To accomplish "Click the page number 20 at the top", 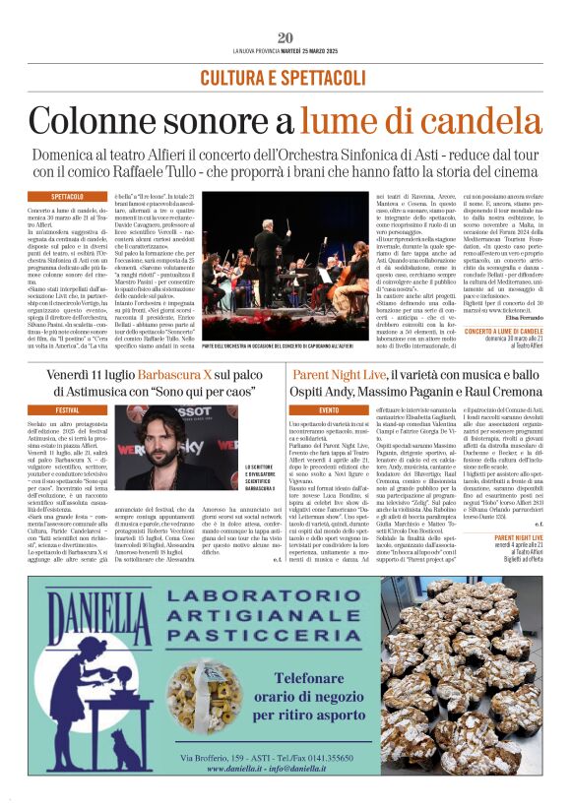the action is tap(285, 37).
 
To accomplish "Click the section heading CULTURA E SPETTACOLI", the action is tap(285, 77).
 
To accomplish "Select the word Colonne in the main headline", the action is tap(90, 119).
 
